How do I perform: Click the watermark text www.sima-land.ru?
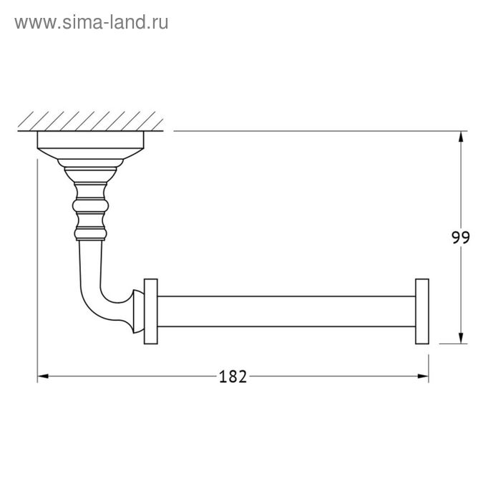tap(92, 23)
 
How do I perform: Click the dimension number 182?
tap(233, 376)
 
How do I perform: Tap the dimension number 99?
tap(461, 238)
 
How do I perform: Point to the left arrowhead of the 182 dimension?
tap(43, 376)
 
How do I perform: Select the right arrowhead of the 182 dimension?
tap(424, 376)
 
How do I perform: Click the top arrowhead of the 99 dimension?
tap(461, 137)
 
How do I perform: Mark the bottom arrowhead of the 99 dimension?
tap(461, 339)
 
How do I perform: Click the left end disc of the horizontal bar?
tap(151, 311)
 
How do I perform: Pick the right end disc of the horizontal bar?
tap(422, 311)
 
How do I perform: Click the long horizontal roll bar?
tap(286, 311)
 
